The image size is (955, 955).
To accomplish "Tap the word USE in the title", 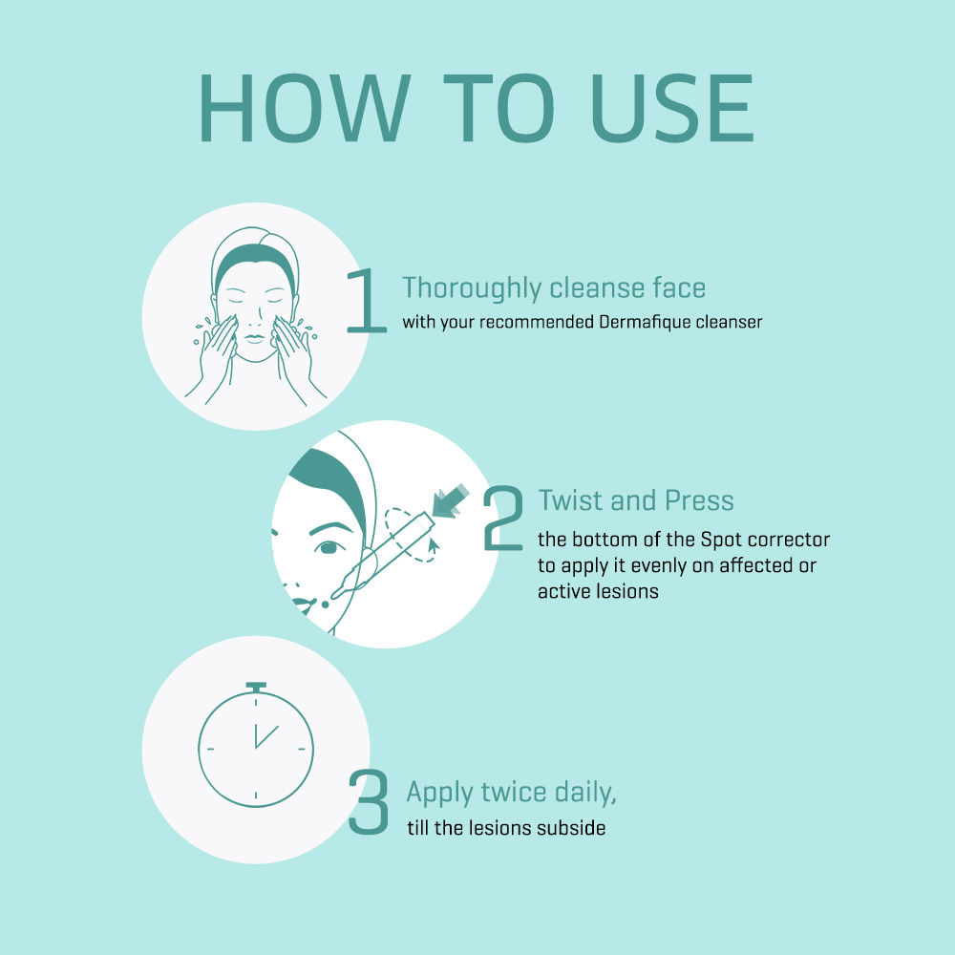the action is [x=672, y=108].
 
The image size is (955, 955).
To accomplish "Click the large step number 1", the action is [x=367, y=301].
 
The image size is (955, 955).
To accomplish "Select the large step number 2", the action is [x=503, y=519].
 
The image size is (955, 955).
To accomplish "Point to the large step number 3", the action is [x=369, y=801].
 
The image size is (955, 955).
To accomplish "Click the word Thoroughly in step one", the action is [x=472, y=288].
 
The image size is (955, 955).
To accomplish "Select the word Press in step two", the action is [x=699, y=500].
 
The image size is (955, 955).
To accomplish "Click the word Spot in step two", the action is [x=721, y=541].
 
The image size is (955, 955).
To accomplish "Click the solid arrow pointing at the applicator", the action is [x=450, y=501].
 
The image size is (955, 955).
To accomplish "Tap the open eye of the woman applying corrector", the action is [x=329, y=547].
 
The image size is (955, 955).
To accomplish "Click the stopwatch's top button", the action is [x=256, y=687].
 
